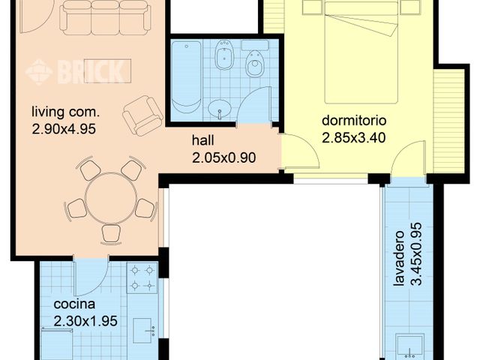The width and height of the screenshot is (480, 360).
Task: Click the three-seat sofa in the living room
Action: (x=94, y=16)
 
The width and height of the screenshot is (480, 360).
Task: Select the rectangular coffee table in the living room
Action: (x=105, y=70)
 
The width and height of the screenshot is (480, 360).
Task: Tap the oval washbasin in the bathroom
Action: (x=220, y=109)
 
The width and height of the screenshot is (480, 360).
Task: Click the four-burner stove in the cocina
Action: (x=142, y=277)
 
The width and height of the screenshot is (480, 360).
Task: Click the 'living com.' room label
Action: (x=65, y=113)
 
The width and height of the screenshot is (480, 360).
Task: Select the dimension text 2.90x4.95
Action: (x=65, y=128)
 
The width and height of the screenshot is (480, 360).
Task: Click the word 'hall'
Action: (x=202, y=140)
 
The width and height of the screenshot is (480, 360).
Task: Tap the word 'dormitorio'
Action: (x=353, y=121)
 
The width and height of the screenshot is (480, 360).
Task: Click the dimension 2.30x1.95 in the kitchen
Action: (x=85, y=320)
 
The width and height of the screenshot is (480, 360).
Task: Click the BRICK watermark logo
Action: (x=75, y=72)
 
